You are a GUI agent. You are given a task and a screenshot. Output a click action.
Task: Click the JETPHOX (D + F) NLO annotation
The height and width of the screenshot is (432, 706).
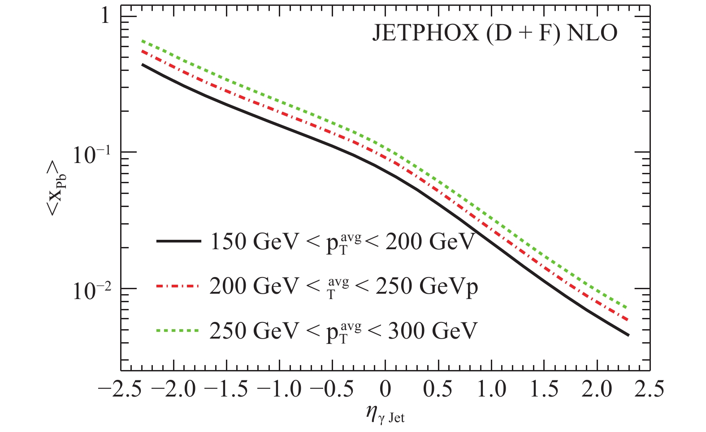(x=494, y=33)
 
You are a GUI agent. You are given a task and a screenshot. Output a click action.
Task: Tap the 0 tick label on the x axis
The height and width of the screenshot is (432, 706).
(x=385, y=389)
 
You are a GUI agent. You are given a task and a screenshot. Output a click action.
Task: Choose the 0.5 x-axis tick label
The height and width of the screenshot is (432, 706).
(x=438, y=389)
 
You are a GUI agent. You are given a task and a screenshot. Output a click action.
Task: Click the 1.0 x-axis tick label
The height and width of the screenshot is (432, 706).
(x=491, y=389)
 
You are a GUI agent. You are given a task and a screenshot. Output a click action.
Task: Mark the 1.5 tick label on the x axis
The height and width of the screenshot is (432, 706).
(x=544, y=389)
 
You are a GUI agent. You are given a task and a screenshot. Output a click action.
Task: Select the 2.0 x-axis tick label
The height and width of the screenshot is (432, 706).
(x=597, y=389)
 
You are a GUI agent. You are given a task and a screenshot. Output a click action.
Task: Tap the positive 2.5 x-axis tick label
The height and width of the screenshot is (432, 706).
(x=650, y=389)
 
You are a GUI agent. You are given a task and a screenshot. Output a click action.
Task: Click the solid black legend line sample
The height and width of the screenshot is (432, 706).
(x=178, y=242)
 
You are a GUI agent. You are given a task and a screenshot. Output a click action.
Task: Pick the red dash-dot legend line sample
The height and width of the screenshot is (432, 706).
(x=178, y=286)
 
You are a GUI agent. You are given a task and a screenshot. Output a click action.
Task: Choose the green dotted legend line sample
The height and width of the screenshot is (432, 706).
(x=178, y=331)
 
